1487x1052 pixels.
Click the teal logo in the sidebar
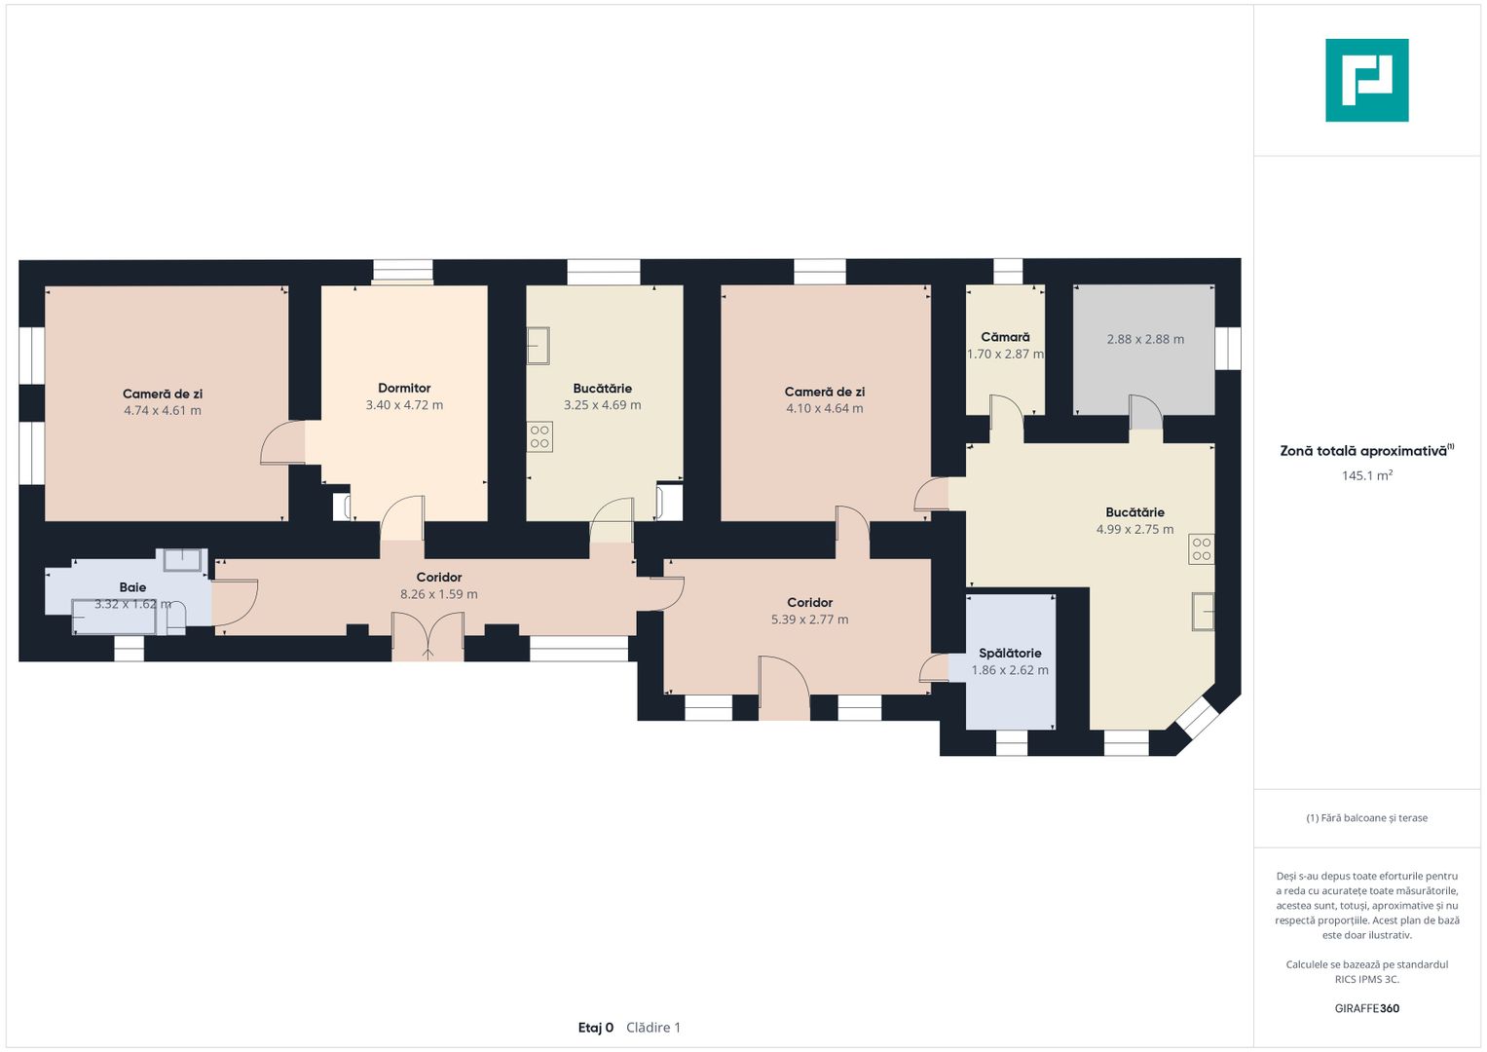tap(1367, 80)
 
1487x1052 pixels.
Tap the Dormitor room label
tap(404, 388)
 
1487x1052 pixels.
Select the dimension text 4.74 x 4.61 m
tap(163, 410)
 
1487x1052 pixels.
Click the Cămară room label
tap(1005, 337)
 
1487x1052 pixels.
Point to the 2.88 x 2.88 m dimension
tap(1145, 339)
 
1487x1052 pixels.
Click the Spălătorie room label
tap(1010, 653)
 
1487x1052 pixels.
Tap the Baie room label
tap(132, 587)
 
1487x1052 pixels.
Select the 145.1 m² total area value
tap(1367, 475)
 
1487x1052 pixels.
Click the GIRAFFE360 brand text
tap(1367, 1008)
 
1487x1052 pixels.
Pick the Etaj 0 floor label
tap(595, 1028)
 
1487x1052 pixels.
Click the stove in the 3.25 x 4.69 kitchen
tap(539, 436)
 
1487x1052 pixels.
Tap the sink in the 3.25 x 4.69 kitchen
tap(539, 346)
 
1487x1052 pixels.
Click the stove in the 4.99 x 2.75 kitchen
tap(1202, 549)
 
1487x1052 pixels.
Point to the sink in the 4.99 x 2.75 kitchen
tap(1204, 611)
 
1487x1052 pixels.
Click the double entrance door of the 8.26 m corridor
tap(428, 635)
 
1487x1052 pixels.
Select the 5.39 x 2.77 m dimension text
tap(810, 620)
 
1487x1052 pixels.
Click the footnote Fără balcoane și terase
tap(1367, 818)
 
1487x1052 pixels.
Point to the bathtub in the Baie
tap(114, 617)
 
